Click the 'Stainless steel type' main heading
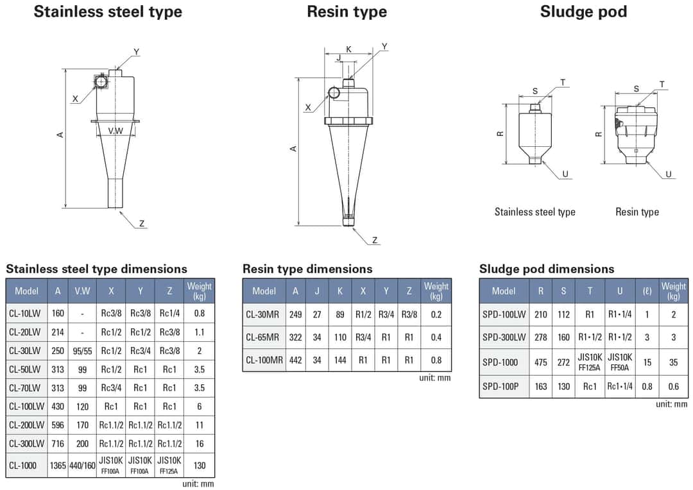pyautogui.click(x=108, y=12)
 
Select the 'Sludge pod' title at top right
pyautogui.click(x=583, y=12)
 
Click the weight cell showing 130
pyautogui.click(x=200, y=465)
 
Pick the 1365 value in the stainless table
pyautogui.click(x=58, y=465)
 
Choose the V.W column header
pyautogui.click(x=82, y=291)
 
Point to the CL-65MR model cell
pyautogui.click(x=262, y=337)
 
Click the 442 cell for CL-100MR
pyautogui.click(x=295, y=360)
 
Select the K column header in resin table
pyautogui.click(x=340, y=291)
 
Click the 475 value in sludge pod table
pyautogui.click(x=541, y=362)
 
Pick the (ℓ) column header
pyautogui.click(x=647, y=291)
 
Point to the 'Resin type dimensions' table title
pyautogui.click(x=307, y=269)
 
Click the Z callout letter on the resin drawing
pyautogui.click(x=375, y=240)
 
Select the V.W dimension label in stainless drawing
pyautogui.click(x=116, y=131)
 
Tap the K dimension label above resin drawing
pyautogui.click(x=348, y=49)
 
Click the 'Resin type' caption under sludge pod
pyautogui.click(x=637, y=212)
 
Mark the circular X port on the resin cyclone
pyautogui.click(x=334, y=93)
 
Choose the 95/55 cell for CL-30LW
pyautogui.click(x=82, y=350)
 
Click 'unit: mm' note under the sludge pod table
pyautogui.click(x=671, y=404)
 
